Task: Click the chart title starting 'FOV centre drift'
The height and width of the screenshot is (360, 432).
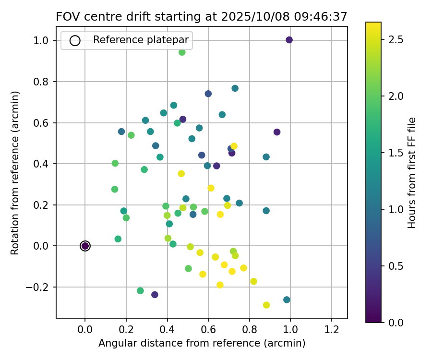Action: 202,16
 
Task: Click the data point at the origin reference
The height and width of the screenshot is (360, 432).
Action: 85,246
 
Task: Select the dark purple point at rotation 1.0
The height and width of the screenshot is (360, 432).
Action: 289,40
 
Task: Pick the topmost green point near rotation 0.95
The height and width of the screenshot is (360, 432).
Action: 182,52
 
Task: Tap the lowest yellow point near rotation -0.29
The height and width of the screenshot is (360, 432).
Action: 266,305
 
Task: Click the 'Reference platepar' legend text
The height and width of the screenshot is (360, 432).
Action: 141,40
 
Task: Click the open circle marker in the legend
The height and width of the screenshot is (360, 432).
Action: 75,40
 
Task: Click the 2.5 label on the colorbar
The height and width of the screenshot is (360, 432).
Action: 396,39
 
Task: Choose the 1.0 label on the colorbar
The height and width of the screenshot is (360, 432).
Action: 396,209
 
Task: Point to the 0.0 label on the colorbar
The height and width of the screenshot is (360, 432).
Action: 396,322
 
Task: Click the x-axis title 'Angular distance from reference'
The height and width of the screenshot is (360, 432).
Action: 202,343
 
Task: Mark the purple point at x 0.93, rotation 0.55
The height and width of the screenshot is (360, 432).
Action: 277,132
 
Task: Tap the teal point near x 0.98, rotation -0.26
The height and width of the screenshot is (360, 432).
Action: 287,300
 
